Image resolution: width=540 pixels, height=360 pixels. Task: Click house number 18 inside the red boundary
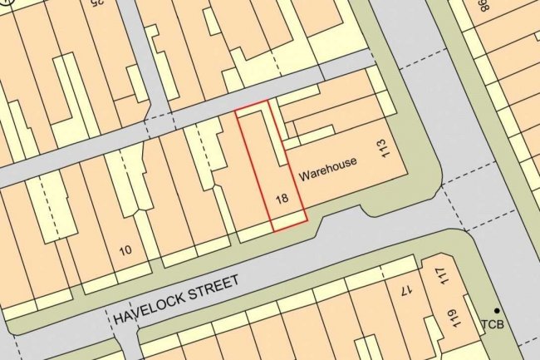click(282, 199)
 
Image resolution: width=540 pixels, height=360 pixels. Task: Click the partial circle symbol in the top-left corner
click(5, 10)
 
